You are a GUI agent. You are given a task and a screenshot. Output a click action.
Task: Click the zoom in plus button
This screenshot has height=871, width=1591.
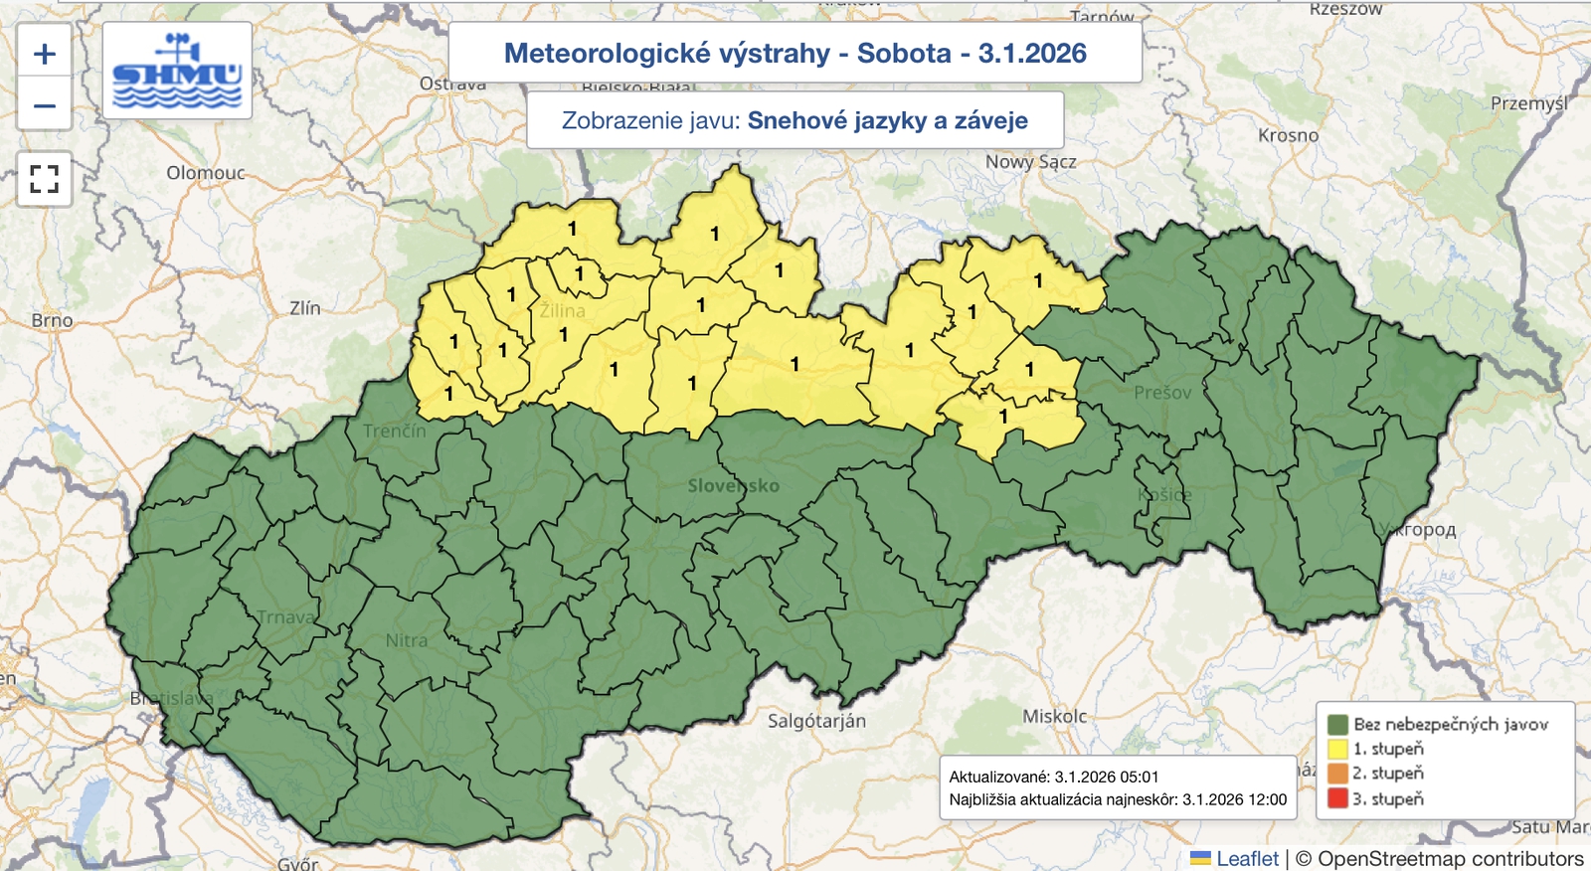coord(44,54)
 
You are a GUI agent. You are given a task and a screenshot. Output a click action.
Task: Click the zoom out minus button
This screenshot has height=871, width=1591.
coord(44,105)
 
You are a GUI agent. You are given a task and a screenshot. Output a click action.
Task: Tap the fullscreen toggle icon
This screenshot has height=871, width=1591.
coord(44,179)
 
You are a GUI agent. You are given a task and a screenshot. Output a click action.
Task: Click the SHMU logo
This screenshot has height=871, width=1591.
coord(177,72)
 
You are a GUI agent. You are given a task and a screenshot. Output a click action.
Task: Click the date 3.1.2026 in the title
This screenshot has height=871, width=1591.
coord(1032,54)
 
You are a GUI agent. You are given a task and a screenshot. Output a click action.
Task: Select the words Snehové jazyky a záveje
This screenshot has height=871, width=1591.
coord(887,120)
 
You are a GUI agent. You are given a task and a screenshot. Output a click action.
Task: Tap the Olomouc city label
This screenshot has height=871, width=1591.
coord(205,173)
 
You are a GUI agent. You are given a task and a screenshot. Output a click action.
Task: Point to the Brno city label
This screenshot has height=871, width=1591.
coord(52,320)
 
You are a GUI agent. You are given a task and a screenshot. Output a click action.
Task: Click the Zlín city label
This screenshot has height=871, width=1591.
coord(305,308)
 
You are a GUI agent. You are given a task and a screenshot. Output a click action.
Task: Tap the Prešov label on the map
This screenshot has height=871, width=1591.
coord(1161,393)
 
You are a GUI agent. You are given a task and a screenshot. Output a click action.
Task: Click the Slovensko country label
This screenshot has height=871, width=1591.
coord(733,485)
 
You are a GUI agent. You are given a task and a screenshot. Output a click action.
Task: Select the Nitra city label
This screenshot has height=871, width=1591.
coord(407,640)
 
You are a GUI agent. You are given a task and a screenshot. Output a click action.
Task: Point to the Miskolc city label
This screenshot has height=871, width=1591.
coord(1054,716)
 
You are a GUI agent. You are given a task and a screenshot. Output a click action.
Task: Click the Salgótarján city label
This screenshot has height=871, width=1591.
coord(816,721)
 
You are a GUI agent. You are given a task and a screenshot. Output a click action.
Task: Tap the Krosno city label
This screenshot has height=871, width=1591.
coord(1288,135)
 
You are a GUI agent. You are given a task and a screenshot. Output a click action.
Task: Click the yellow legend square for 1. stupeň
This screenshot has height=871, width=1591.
coord(1337,749)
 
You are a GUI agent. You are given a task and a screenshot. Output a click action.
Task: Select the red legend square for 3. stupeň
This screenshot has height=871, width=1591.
coord(1337,798)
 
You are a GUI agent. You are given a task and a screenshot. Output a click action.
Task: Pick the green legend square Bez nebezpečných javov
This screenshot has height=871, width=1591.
coord(1337,724)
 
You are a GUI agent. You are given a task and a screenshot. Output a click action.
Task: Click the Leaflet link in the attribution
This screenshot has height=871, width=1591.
coord(1247,858)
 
